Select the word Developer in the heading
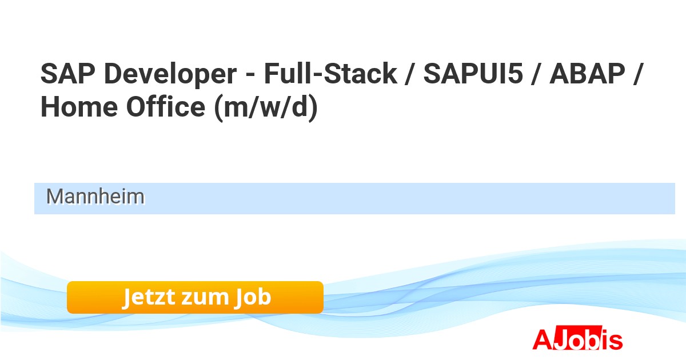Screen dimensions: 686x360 coord(170,75)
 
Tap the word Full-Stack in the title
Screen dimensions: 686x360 coord(330,74)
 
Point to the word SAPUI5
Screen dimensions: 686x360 coord(473,74)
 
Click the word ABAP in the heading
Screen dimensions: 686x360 coord(588,74)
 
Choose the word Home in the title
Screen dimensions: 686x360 coord(79,107)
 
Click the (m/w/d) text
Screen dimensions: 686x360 coord(266,108)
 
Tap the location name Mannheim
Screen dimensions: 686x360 coord(95,197)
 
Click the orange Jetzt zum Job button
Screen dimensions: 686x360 coord(195,297)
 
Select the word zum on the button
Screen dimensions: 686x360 coord(205,298)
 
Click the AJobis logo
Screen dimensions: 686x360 coord(577,338)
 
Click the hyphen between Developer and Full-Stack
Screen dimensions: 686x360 coord(250,75)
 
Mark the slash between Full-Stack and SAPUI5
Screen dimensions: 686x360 coord(410,74)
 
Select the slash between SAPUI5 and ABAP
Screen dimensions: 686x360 coord(536,74)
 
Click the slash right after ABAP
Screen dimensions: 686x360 coord(638,74)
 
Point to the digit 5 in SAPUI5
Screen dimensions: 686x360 coord(514,74)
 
